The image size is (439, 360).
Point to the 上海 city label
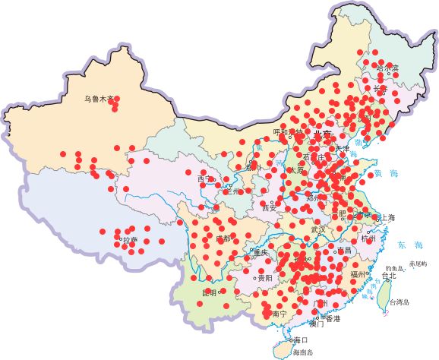pyautogui.click(x=386, y=218)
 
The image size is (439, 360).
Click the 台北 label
pyautogui.click(x=388, y=276)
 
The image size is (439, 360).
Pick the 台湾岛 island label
pyautogui.click(x=399, y=302)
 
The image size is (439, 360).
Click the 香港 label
pyautogui.click(x=332, y=319)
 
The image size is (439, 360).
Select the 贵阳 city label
pyautogui.click(x=265, y=279)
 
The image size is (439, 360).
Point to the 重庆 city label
pyautogui.click(x=261, y=252)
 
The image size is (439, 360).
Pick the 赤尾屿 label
pyautogui.click(x=418, y=264)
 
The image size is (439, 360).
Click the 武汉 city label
pyautogui.click(x=317, y=229)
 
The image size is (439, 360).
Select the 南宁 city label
pyautogui.click(x=279, y=314)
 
